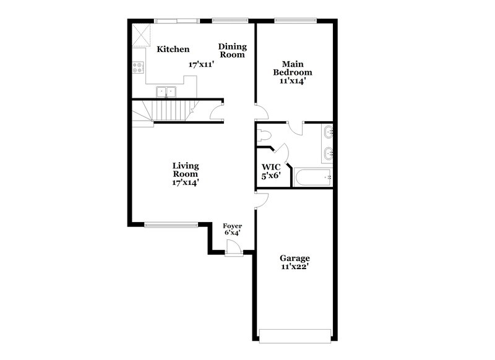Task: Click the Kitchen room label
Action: pyautogui.click(x=173, y=49)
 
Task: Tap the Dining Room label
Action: pyautogui.click(x=232, y=50)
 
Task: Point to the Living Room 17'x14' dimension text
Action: pyautogui.click(x=185, y=182)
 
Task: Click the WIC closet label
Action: pyautogui.click(x=271, y=166)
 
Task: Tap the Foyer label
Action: pyautogui.click(x=232, y=226)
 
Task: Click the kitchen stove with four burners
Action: pyautogui.click(x=139, y=68)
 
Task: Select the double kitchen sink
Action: pyautogui.click(x=166, y=92)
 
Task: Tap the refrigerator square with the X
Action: pyautogui.click(x=143, y=35)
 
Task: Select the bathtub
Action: pyautogui.click(x=314, y=178)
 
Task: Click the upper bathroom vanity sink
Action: pyautogui.click(x=328, y=132)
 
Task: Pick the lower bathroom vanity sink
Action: pyautogui.click(x=328, y=153)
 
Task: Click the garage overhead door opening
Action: pyautogui.click(x=294, y=336)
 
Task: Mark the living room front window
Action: pyautogui.click(x=171, y=224)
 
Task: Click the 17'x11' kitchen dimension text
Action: pyautogui.click(x=201, y=64)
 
